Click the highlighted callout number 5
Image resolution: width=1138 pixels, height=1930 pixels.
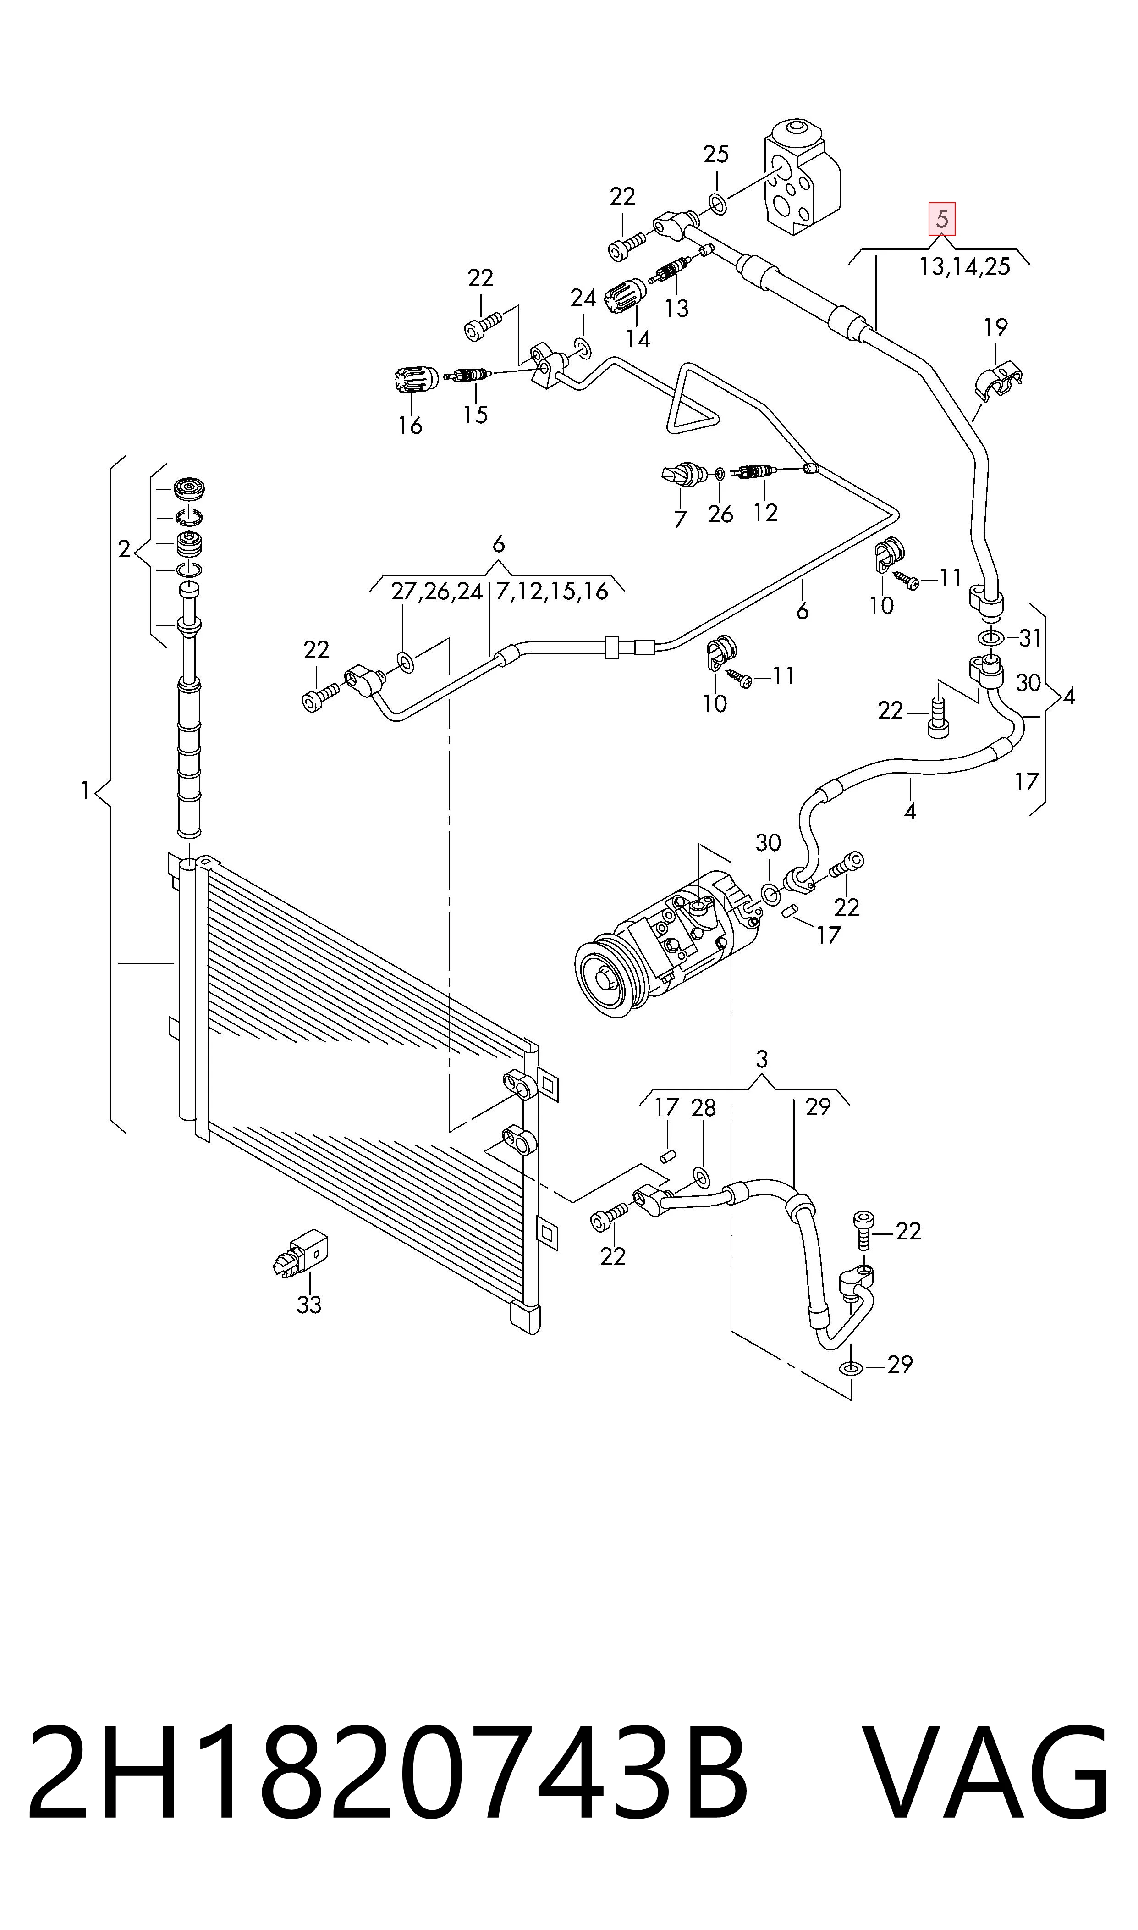pyautogui.click(x=942, y=219)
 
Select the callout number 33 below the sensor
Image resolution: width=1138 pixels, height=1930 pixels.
pyautogui.click(x=309, y=1304)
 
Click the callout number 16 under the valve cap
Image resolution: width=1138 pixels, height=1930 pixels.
pyautogui.click(x=410, y=425)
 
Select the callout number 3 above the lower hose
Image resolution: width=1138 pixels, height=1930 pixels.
pyautogui.click(x=761, y=1059)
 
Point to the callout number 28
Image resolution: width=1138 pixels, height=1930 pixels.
pyautogui.click(x=703, y=1108)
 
